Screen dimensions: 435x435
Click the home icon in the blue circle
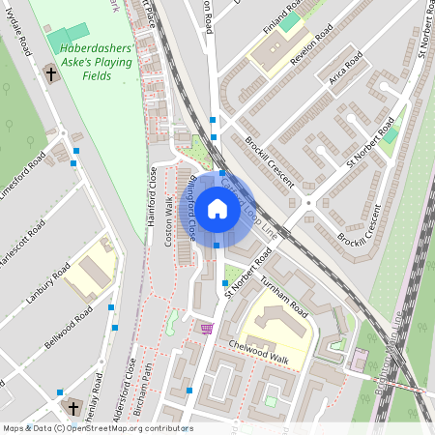pyautogui.click(x=217, y=208)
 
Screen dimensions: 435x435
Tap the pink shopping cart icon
pyautogui.click(x=207, y=329)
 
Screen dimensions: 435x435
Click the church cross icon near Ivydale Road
pyautogui.click(x=50, y=73)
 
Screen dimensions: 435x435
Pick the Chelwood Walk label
pyautogui.click(x=258, y=352)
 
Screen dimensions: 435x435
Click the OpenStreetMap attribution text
pyautogui.click(x=97, y=428)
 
